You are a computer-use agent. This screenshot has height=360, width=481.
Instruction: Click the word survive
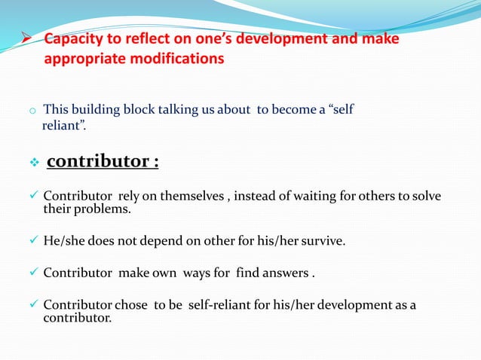pyautogui.click(x=323, y=241)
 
